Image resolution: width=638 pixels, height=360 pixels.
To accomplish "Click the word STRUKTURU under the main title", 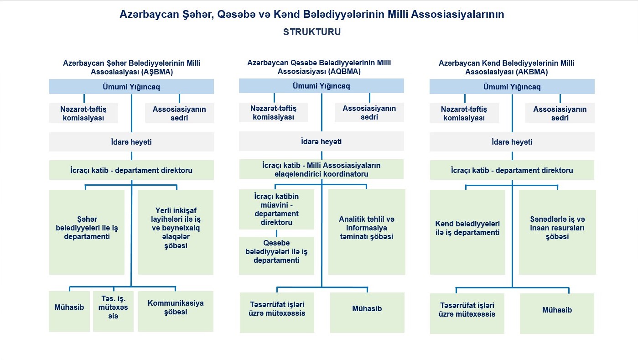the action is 312,31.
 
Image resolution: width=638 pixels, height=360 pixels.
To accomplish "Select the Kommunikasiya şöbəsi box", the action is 176,311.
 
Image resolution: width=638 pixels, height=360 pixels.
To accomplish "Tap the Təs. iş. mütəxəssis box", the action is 113,311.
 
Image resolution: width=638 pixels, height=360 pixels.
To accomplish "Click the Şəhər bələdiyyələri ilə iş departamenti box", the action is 87,232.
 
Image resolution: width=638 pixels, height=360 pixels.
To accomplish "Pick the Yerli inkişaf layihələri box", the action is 176,232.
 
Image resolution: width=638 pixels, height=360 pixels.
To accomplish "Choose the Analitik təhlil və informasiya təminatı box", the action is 367,232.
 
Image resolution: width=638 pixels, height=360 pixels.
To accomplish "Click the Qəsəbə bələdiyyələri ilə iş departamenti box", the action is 276,256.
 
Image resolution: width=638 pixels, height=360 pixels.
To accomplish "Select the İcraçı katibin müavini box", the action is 276,209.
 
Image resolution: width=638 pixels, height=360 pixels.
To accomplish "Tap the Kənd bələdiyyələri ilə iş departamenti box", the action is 467,232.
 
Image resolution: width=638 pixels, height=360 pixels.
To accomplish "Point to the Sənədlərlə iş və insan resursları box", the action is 557,232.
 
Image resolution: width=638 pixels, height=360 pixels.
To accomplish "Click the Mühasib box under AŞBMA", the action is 69,311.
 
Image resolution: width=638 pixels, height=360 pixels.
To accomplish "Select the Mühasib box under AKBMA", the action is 557,313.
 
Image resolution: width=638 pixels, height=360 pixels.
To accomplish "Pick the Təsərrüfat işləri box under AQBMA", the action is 277,313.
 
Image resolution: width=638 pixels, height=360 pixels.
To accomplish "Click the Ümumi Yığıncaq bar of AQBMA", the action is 321,86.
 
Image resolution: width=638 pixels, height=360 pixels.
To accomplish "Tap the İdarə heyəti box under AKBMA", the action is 512,141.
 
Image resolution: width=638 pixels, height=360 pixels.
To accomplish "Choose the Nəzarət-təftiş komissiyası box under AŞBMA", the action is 83,113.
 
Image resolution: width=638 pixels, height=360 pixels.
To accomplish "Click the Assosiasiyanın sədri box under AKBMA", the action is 560,113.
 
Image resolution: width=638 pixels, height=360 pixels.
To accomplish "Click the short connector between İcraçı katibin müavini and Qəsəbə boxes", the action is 276,233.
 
